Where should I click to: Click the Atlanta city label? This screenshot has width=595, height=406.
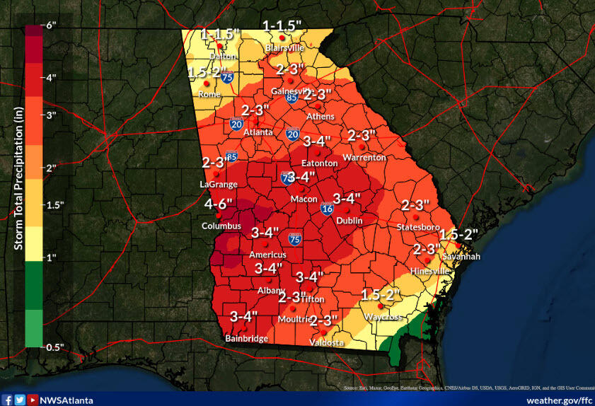point(258,132)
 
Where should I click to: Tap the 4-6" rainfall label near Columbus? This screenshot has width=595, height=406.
point(219,204)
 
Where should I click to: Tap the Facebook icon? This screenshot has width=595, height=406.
point(7,400)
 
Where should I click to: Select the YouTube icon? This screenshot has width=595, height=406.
point(32,400)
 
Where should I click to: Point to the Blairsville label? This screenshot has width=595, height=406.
point(284,47)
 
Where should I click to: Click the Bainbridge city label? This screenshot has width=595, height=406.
point(246,339)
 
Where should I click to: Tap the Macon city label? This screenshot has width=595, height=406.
point(304,199)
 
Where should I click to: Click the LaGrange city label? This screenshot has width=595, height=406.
point(217,184)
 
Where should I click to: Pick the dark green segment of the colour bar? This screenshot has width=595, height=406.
point(33,283)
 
